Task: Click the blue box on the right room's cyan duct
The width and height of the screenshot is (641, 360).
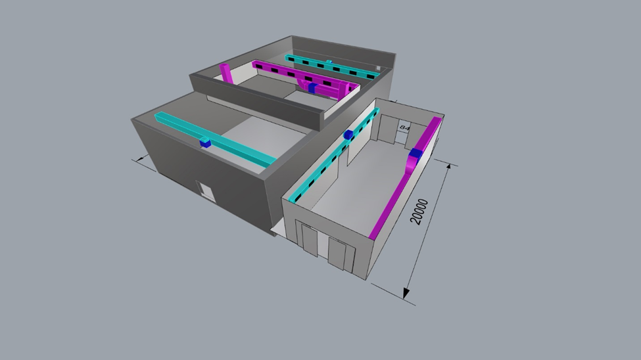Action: click(348, 135)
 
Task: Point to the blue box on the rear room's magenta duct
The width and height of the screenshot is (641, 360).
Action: click(313, 87)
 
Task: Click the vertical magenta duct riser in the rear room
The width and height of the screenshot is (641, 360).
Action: click(226, 73)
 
